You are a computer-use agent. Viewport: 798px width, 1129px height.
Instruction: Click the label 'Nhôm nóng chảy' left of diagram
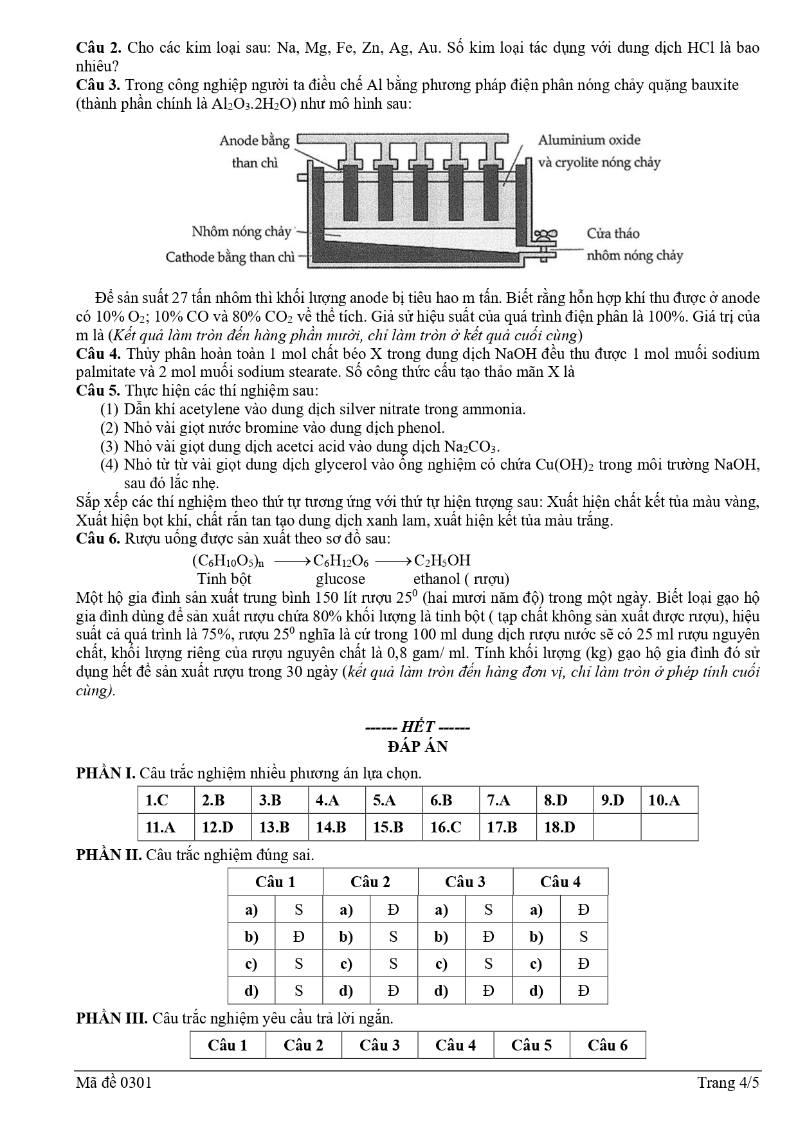(x=241, y=232)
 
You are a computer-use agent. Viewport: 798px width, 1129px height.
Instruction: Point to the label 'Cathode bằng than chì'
(x=230, y=257)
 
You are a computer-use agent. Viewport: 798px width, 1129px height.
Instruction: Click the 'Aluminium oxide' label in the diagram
(x=589, y=140)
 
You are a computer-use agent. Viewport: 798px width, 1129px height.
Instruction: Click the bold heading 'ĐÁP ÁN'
(x=417, y=747)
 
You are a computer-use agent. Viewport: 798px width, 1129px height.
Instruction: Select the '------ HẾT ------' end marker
(x=417, y=728)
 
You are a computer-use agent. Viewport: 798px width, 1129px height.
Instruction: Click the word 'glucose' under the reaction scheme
(x=340, y=579)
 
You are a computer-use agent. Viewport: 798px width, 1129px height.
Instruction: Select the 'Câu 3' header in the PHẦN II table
(x=465, y=882)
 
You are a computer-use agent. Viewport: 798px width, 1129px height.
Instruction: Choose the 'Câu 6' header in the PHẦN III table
(x=607, y=1045)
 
